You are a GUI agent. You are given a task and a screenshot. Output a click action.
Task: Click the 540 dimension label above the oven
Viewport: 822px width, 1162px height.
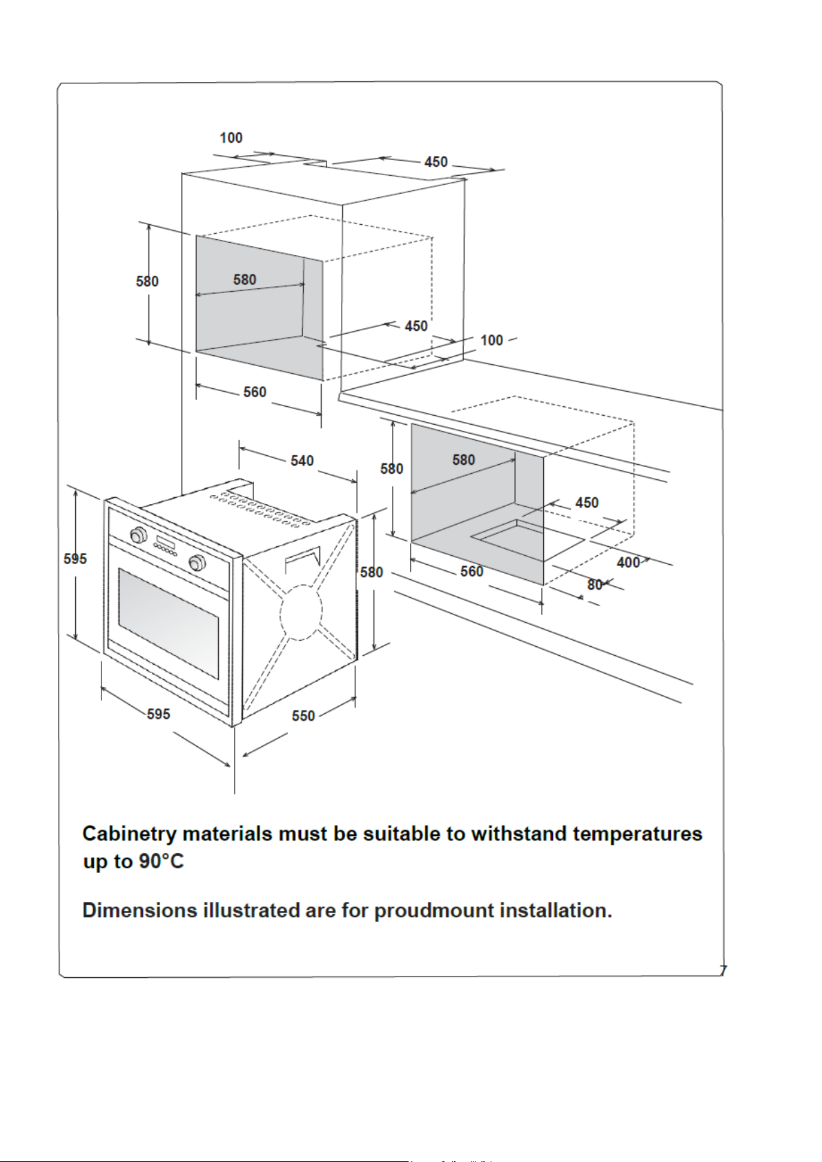click(302, 461)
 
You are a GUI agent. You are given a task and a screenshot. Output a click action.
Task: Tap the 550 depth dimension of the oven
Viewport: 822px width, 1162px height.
click(303, 716)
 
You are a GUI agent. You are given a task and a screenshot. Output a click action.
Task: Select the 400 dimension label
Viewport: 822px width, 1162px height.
click(628, 563)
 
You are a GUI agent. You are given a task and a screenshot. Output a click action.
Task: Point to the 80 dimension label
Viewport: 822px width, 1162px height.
click(595, 585)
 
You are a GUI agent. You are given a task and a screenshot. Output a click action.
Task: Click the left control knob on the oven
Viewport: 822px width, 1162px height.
click(139, 534)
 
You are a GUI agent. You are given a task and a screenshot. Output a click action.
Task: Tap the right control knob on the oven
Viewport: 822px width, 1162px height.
click(197, 563)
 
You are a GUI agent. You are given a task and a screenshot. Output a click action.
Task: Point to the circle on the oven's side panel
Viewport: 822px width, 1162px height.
click(301, 611)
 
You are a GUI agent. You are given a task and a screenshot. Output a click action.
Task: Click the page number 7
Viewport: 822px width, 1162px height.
click(723, 970)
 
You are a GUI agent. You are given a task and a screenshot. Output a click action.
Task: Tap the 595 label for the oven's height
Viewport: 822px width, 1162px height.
click(75, 559)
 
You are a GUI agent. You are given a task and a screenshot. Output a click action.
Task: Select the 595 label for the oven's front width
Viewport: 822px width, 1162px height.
click(158, 714)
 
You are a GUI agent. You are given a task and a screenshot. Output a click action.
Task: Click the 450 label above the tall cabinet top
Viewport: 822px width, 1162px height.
click(436, 162)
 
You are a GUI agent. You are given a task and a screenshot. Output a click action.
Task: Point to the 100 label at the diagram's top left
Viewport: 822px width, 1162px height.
click(231, 138)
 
